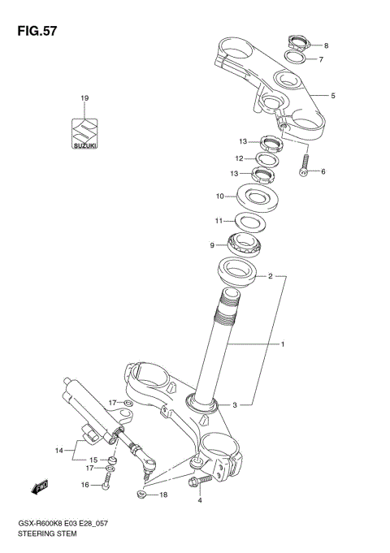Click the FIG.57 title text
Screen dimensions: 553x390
[x=33, y=30]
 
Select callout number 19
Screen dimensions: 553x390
[x=84, y=98]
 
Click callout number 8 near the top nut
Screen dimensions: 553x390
[x=326, y=45]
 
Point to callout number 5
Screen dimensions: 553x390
[x=332, y=96]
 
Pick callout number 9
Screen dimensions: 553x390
[x=212, y=245]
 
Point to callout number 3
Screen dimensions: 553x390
[x=235, y=404]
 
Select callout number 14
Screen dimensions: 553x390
[x=58, y=449]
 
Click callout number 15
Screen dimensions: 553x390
[x=93, y=460]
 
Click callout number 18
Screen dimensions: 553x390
[x=163, y=495]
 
